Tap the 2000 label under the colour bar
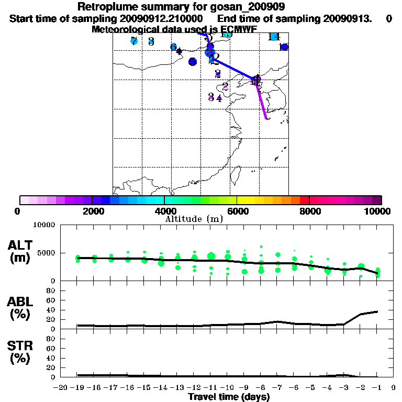(x=91, y=211)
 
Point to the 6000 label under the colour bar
(x=237, y=211)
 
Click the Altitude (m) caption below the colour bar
(x=194, y=218)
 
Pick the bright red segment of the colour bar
(x=304, y=200)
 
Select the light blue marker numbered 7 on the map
(x=134, y=41)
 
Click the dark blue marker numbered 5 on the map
(x=193, y=61)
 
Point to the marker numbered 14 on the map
(x=274, y=37)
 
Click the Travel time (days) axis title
(x=229, y=397)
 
